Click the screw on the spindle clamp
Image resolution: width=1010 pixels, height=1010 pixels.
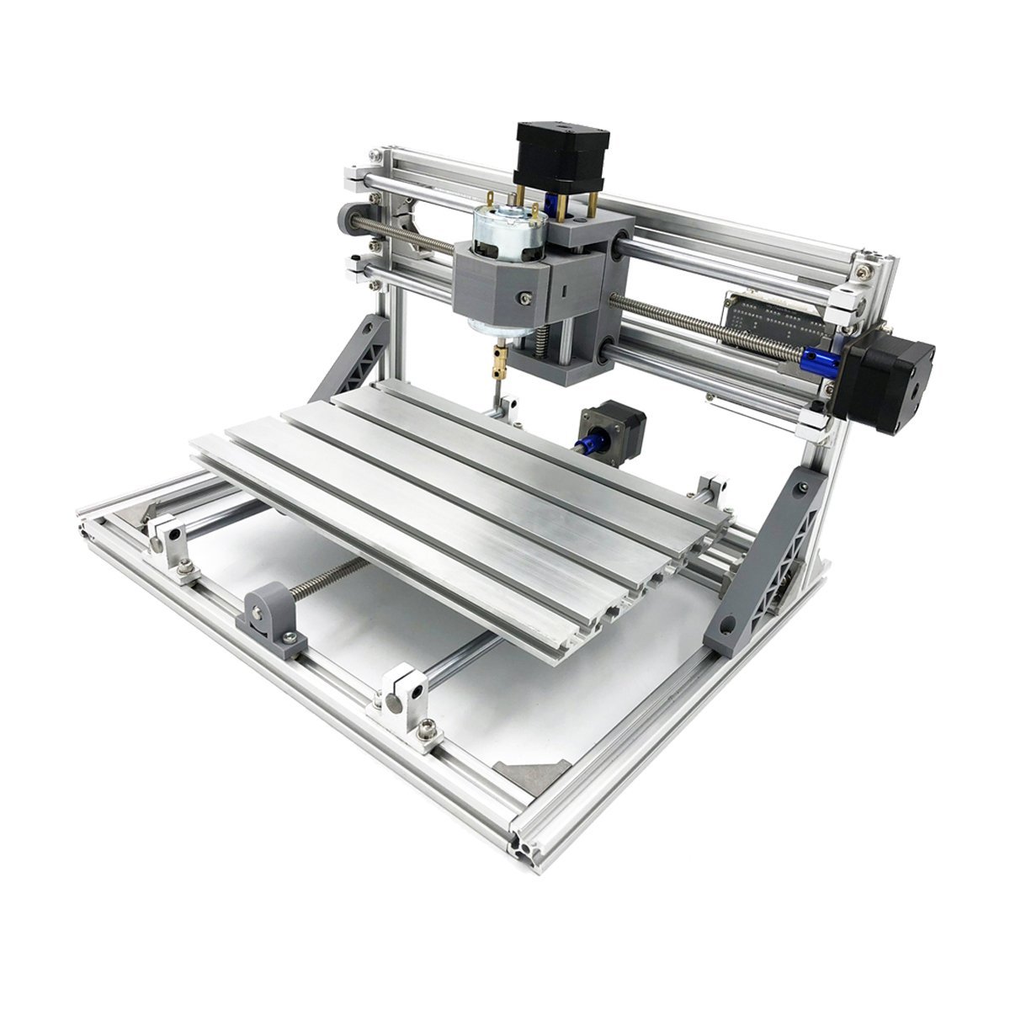click(525, 298)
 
